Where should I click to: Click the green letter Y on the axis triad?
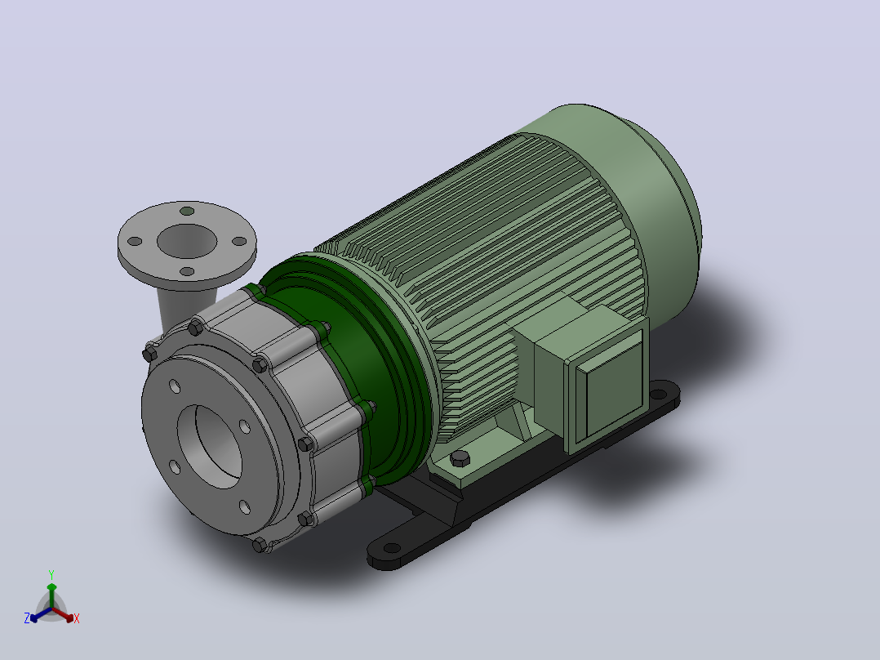click(51, 574)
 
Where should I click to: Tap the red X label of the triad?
click(77, 618)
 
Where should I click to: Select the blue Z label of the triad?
click(27, 618)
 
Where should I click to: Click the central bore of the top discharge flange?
click(187, 241)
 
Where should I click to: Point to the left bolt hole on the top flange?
click(135, 242)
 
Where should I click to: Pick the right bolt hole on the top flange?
click(239, 242)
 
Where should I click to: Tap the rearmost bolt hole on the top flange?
click(187, 212)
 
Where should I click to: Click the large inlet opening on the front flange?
click(210, 447)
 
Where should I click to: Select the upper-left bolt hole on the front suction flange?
click(175, 386)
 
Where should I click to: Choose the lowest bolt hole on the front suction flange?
click(245, 507)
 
